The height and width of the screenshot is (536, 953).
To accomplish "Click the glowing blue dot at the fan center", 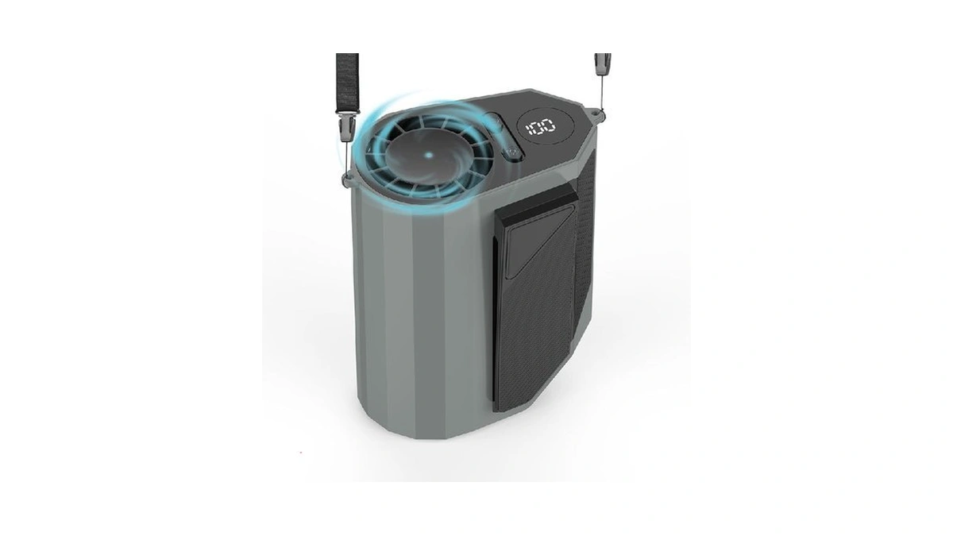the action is tap(429, 156).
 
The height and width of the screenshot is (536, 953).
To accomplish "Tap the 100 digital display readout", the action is tap(540, 127).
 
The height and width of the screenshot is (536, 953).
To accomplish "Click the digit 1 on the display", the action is tap(528, 129).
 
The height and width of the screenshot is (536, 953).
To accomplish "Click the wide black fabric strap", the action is tap(348, 83).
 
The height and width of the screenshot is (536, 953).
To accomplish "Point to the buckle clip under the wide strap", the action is tap(348, 129).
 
